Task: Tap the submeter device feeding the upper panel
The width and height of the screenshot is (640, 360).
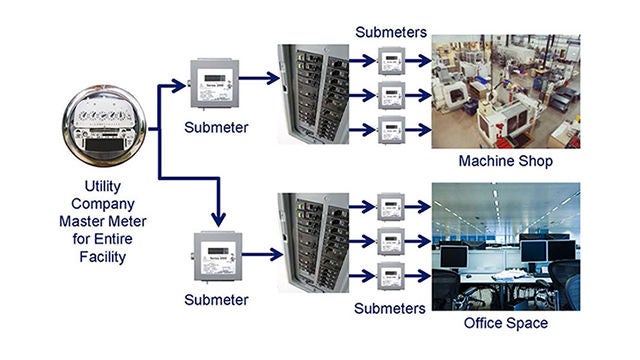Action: click(213, 86)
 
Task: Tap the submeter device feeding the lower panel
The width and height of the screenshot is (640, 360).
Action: click(213, 257)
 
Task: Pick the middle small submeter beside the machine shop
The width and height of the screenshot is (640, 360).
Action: click(391, 98)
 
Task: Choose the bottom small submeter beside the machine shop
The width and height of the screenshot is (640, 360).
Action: click(391, 130)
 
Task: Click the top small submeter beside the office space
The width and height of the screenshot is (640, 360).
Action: click(391, 207)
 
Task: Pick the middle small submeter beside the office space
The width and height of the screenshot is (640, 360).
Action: click(391, 242)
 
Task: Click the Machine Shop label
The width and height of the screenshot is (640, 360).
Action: click(505, 161)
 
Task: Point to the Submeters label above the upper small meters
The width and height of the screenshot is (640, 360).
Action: click(391, 33)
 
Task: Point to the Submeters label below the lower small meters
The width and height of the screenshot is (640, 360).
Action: click(391, 308)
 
